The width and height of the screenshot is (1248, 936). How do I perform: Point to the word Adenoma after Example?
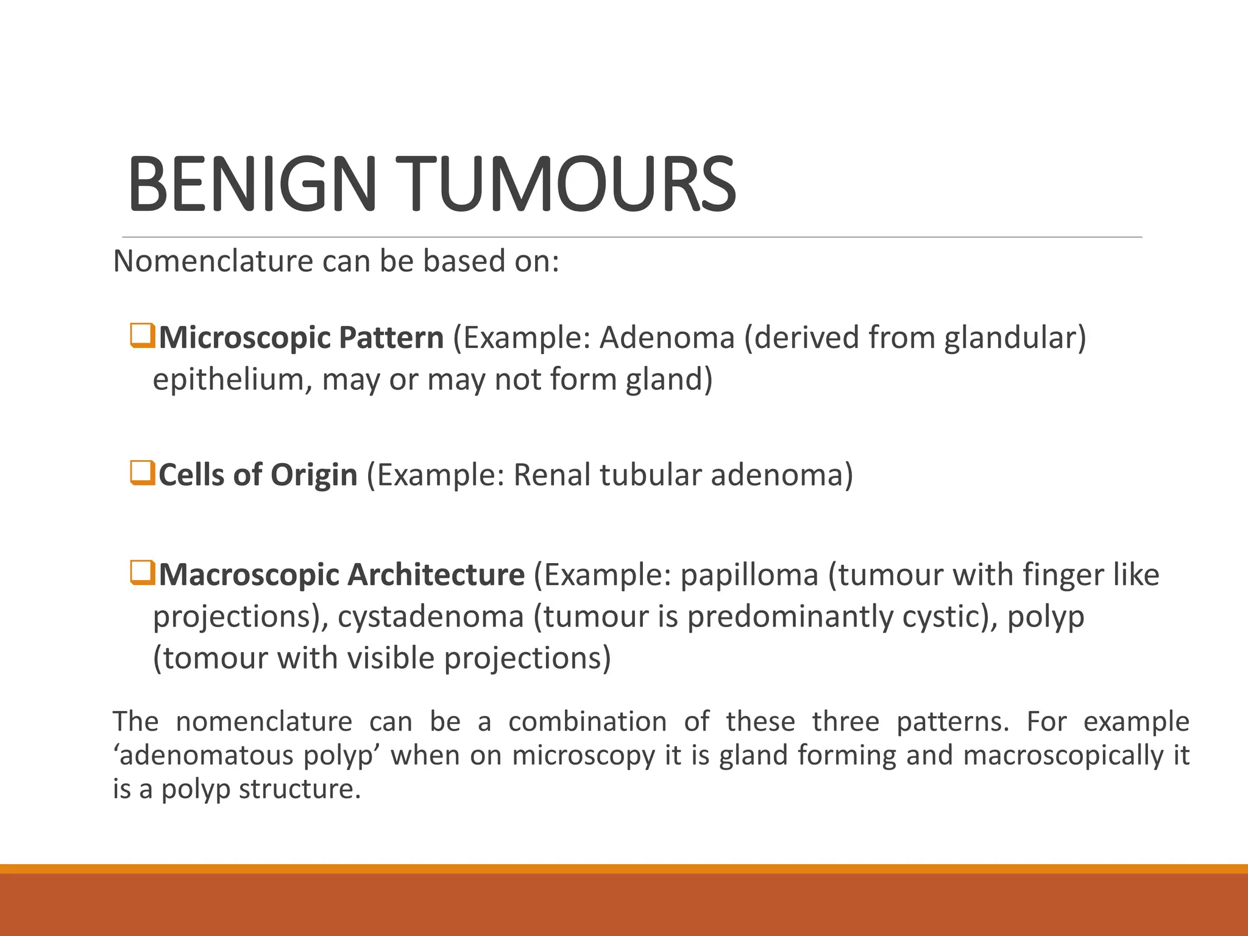[x=667, y=338]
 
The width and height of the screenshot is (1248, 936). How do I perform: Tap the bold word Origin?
[x=314, y=475]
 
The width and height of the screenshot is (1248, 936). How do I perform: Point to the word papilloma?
[x=749, y=575]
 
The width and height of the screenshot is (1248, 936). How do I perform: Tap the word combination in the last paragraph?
[x=587, y=722]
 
